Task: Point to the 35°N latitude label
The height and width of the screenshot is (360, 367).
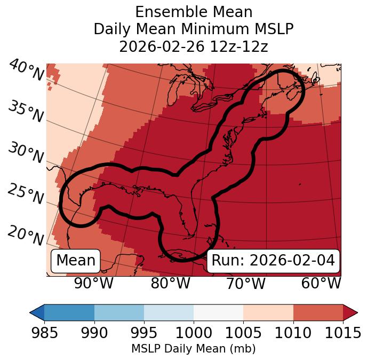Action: click(x=26, y=112)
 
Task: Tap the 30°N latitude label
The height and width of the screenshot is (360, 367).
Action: click(x=26, y=153)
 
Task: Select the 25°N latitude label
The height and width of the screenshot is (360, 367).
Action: click(x=26, y=194)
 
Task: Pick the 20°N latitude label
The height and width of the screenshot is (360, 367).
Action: click(x=26, y=235)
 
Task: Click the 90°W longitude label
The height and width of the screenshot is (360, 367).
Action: click(x=94, y=284)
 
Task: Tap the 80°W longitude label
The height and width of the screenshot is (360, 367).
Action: click(x=170, y=284)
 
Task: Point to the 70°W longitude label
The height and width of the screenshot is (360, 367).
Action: click(x=245, y=284)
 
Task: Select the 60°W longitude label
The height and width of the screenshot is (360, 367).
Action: click(x=321, y=284)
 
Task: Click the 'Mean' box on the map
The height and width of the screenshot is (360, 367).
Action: click(x=76, y=261)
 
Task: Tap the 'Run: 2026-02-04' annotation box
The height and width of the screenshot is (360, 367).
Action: click(x=273, y=261)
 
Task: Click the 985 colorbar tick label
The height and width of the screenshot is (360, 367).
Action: click(x=44, y=333)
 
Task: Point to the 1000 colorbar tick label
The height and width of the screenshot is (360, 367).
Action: click(x=194, y=333)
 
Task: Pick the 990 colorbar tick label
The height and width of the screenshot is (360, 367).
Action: click(x=94, y=333)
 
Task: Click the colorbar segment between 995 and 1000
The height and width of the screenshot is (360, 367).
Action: click(x=169, y=312)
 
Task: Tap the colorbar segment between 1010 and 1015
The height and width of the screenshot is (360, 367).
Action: click(x=318, y=312)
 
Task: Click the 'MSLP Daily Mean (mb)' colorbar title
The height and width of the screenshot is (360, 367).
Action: click(x=194, y=349)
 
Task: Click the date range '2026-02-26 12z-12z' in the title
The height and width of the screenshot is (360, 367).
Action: click(x=194, y=46)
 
